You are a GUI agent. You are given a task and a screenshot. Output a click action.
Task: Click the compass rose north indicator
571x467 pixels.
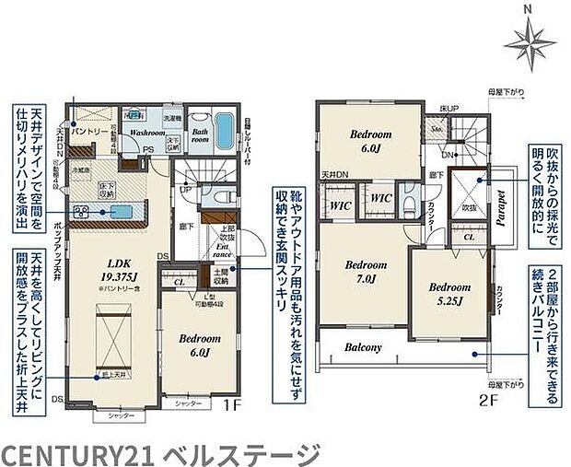pos(528,38)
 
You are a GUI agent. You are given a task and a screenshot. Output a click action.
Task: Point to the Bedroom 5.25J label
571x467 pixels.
pos(450,293)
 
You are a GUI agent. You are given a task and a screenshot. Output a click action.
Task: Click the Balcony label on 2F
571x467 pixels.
pos(365,348)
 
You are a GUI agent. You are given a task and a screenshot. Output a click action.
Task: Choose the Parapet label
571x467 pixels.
pos(503,200)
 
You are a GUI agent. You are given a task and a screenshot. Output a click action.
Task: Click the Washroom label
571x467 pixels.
pos(146,133)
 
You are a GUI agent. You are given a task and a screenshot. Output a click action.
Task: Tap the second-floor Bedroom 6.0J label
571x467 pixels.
pos(371,141)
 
